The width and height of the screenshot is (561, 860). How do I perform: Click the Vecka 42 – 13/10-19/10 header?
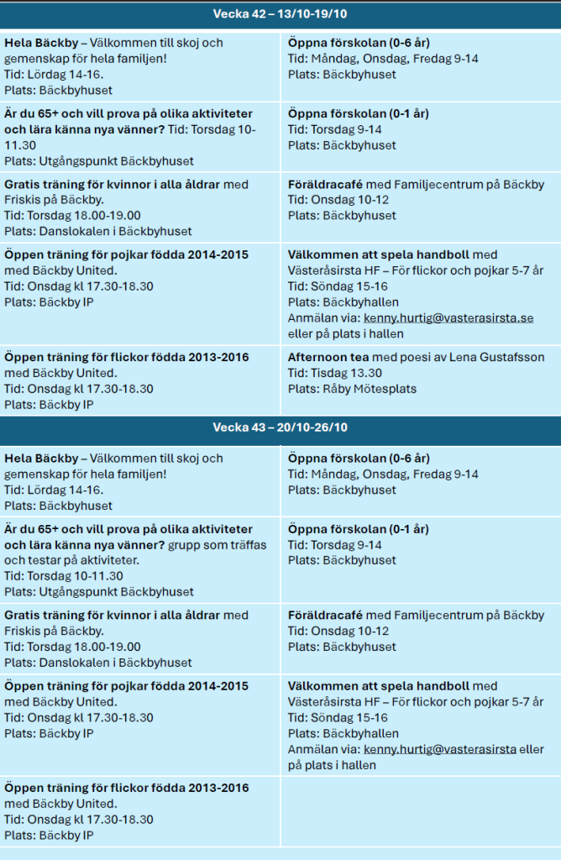click(280, 15)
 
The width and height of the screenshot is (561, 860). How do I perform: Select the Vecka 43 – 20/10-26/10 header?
click(280, 427)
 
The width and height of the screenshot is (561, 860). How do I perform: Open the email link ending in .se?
click(448, 318)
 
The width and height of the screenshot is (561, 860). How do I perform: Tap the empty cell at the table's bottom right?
click(419, 810)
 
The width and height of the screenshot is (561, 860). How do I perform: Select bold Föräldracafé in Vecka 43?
click(325, 616)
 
